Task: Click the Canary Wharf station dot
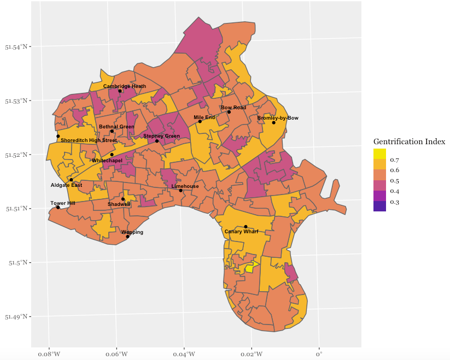246,227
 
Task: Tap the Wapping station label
132,232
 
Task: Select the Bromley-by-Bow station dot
274,123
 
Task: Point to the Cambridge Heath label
125,86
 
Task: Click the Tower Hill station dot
58,207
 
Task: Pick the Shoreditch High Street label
89,140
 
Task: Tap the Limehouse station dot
181,191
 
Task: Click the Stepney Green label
162,136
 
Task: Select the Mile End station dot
200,121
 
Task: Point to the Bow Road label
233,108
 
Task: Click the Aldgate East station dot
71,180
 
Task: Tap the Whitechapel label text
107,161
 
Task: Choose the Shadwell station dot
123,199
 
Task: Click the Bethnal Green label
116,127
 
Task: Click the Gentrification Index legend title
409,141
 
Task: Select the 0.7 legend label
395,160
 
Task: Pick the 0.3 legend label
395,202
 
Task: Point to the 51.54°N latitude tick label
16,47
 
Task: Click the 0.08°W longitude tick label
49,355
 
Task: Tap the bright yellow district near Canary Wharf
250,267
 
